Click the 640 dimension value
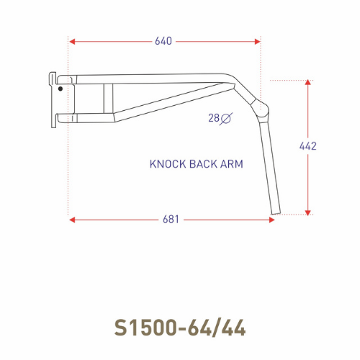[163, 41]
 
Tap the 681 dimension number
[171, 220]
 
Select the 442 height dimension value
[308, 146]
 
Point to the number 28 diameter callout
[215, 118]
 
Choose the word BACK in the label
[202, 164]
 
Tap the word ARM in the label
[232, 164]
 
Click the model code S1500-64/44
[180, 328]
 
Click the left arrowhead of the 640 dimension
[73, 41]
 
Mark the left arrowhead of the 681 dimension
[73, 220]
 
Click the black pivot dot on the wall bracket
[60, 89]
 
